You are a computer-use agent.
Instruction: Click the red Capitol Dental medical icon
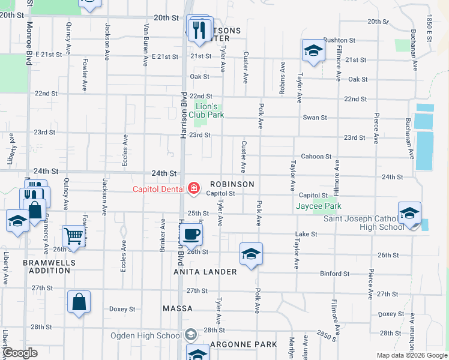194,189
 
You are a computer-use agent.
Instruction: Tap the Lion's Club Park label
206,110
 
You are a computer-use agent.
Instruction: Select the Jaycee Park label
319,206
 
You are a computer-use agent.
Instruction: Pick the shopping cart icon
73,236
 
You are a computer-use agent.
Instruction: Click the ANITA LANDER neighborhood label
205,272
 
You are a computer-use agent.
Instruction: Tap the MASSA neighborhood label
178,308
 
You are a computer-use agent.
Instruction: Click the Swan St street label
315,118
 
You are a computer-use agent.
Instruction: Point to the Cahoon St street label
316,157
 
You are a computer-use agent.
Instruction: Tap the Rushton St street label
340,40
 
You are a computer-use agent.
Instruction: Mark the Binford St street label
334,274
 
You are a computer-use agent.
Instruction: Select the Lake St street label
306,234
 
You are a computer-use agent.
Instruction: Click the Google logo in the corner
20,353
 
